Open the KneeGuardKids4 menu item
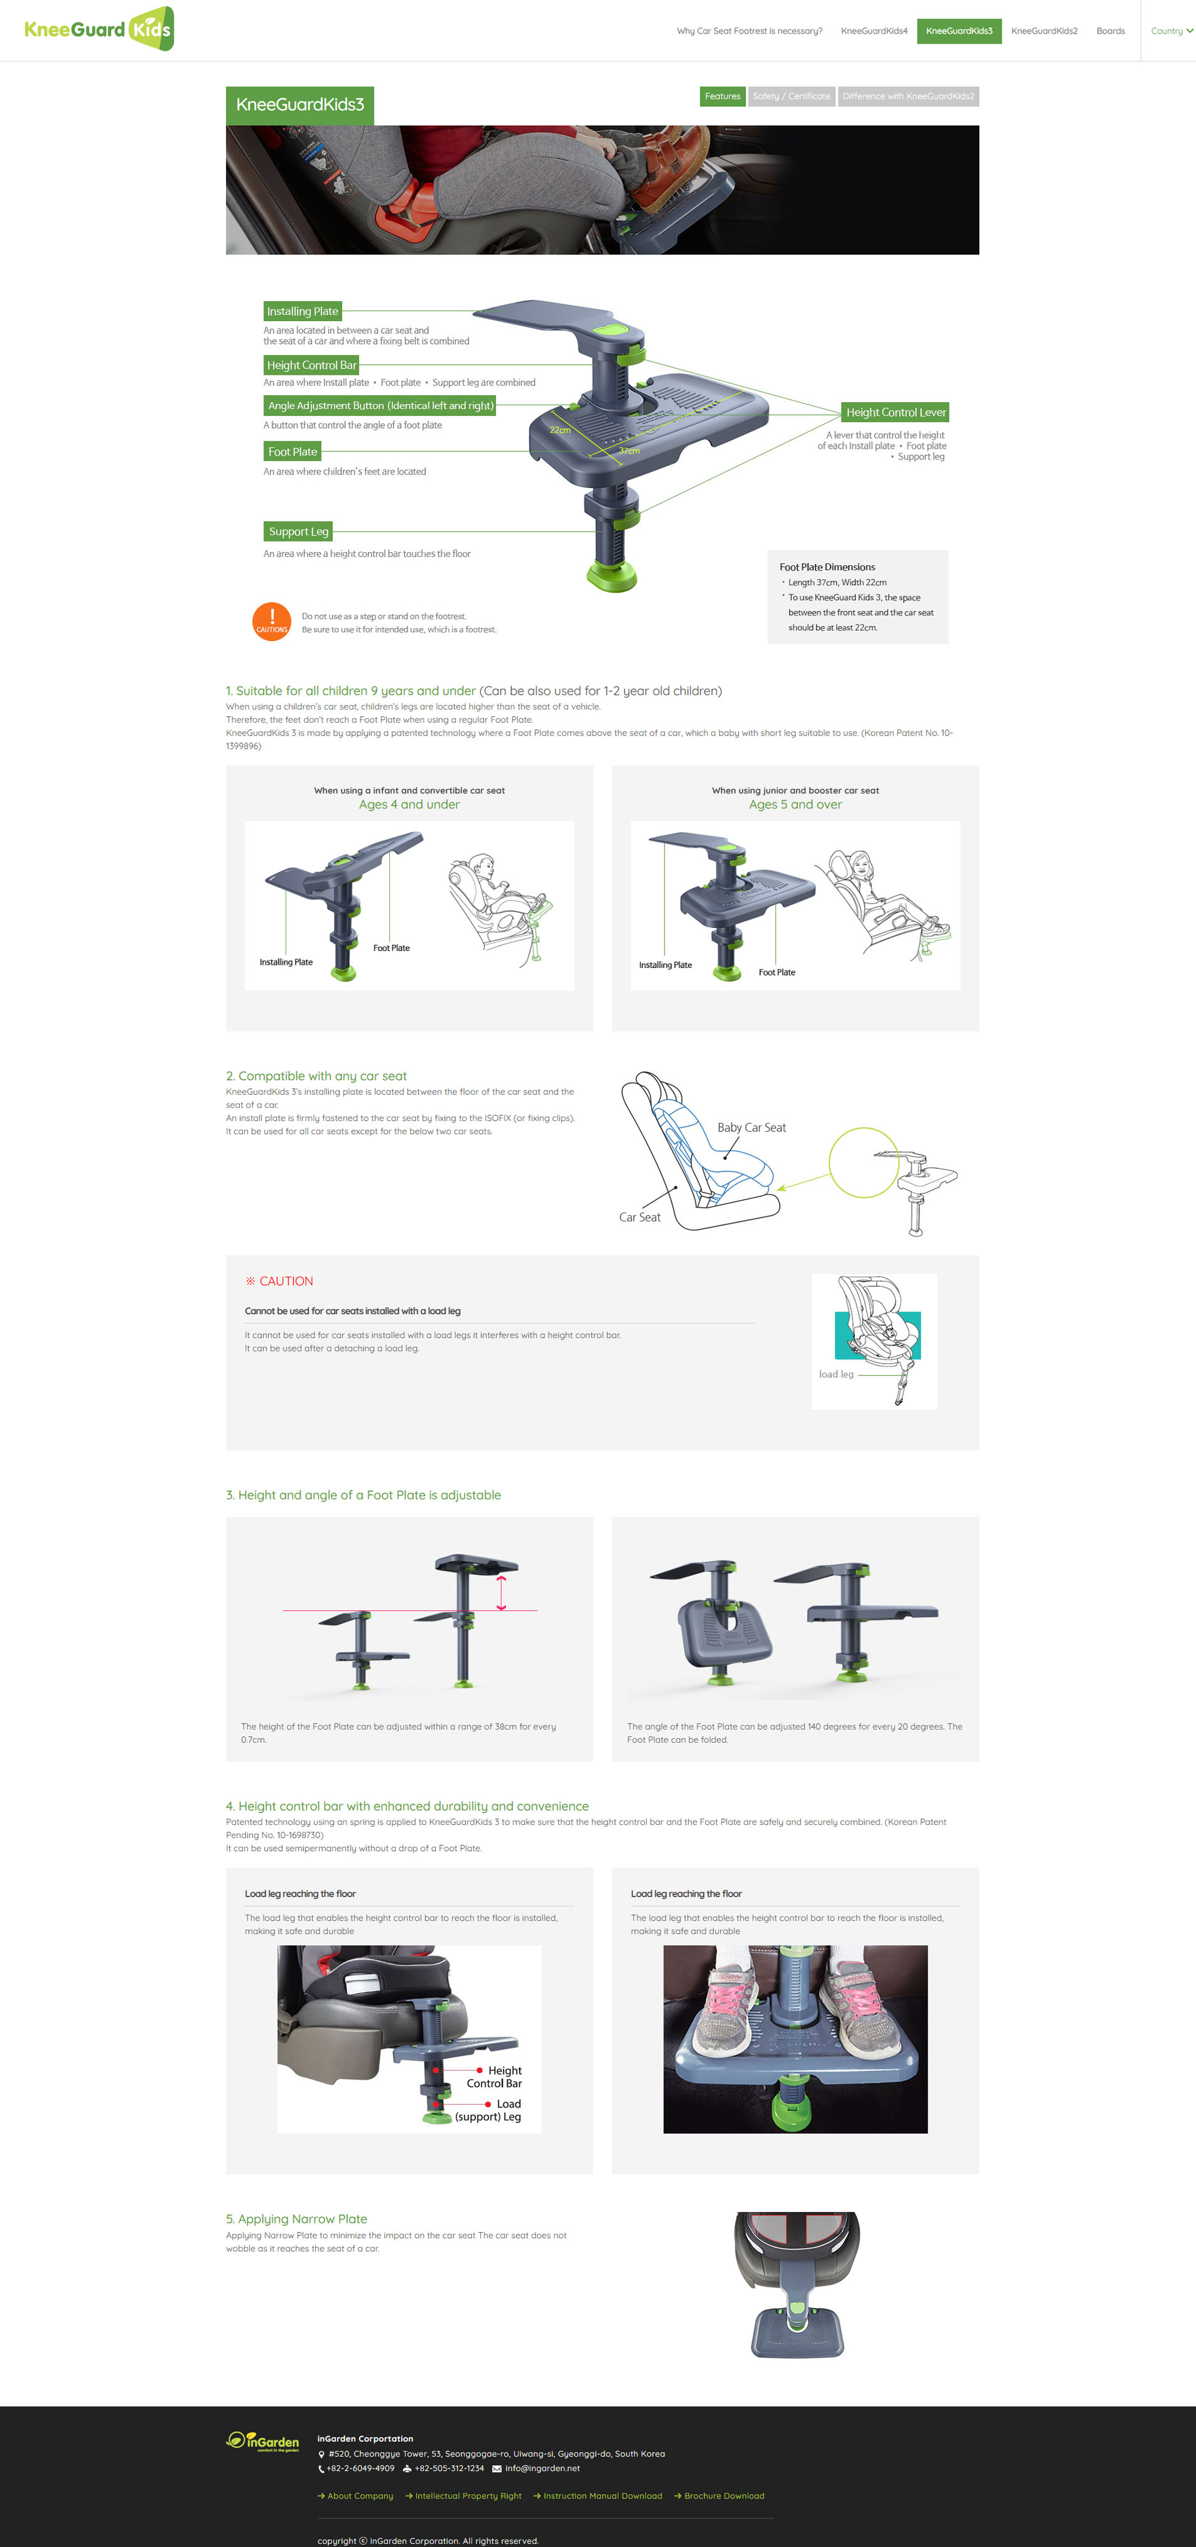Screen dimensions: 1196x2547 [873, 30]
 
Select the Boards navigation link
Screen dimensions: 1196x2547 [1110, 30]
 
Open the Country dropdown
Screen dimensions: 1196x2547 [1171, 30]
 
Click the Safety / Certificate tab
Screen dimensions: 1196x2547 [791, 96]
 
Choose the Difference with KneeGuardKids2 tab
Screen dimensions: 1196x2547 [908, 96]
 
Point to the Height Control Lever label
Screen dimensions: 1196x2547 [895, 412]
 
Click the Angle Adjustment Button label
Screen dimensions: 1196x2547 [380, 405]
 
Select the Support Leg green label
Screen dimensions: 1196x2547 [298, 532]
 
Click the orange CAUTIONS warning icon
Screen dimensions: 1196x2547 [272, 622]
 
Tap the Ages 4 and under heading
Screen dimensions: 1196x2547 [409, 805]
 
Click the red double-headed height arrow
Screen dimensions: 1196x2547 [501, 1593]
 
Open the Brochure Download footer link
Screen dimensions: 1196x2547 [719, 2495]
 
